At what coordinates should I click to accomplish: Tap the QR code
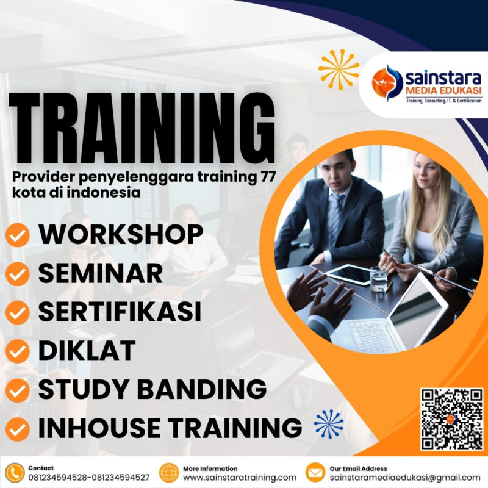pos(451,419)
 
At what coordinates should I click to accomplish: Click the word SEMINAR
pos(101,273)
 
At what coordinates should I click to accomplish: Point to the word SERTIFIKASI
pos(120,312)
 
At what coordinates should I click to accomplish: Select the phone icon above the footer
pos(14,473)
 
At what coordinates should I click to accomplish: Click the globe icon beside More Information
pos(168,473)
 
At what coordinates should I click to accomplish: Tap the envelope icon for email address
pos(315,473)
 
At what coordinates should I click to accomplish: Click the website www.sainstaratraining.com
pos(240,478)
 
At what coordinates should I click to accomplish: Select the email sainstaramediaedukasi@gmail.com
pos(405,478)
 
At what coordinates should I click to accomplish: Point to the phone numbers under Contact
pos(89,478)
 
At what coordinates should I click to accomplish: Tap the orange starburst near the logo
pos(339,69)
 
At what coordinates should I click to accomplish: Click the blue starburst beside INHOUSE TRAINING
pos(329,424)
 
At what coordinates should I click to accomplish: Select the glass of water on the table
pos(378,279)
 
